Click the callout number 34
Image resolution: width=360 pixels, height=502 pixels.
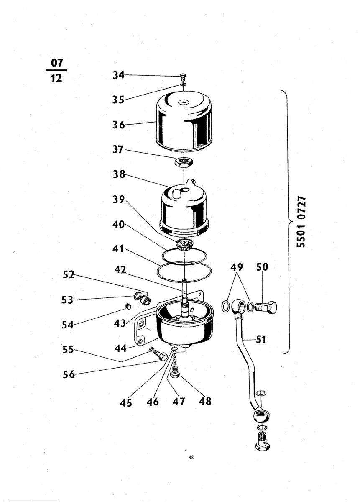pos(118,75)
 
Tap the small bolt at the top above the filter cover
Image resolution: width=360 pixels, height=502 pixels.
pos(183,77)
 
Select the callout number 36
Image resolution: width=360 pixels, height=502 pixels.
pos(118,125)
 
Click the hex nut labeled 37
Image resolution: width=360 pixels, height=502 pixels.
pos(184,162)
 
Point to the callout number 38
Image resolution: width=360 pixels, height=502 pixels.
pos(119,174)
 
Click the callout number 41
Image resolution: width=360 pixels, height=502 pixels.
pos(118,249)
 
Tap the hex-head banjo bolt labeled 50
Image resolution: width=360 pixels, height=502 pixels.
pos(266,307)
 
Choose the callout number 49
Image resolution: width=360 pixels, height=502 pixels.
pos(237,267)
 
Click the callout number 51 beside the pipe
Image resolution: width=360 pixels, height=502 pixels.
pos(261,340)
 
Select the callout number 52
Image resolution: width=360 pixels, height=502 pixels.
pos(69,274)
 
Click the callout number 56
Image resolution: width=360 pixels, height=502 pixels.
pos(69,374)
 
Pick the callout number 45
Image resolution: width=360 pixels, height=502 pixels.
pos(126,403)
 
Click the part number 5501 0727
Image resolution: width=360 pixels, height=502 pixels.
pos(301,222)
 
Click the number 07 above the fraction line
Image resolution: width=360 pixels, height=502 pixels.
pos(57,63)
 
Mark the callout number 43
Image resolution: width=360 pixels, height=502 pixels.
pos(120,323)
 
